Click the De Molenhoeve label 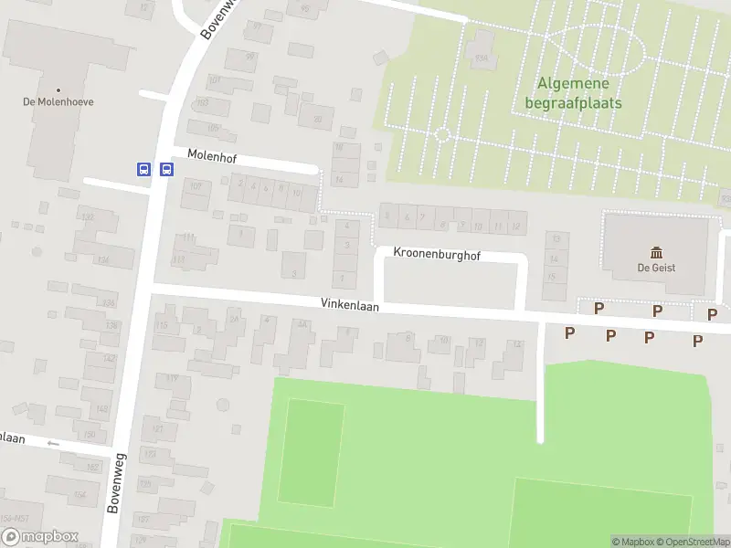click(58, 102)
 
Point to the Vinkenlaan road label click(349, 304)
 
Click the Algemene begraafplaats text click(573, 93)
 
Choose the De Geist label click(655, 269)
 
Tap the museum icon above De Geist click(655, 252)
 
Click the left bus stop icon click(143, 169)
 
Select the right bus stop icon click(166, 169)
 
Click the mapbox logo click(39, 537)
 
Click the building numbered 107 click(196, 186)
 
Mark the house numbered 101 click(215, 81)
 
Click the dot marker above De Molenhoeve click(58, 90)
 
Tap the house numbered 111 click(189, 237)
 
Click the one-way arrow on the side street click(52, 444)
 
